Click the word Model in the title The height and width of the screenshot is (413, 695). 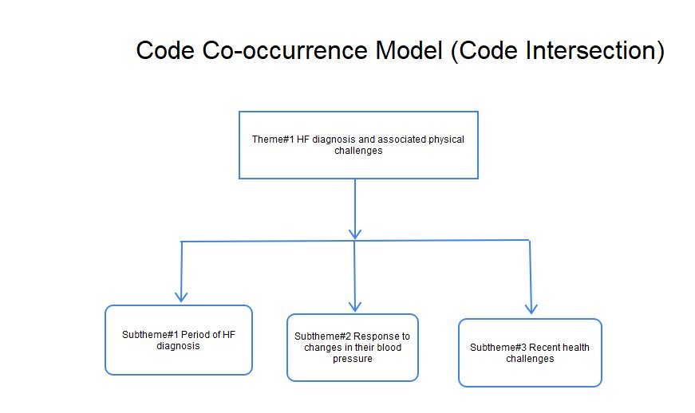409,50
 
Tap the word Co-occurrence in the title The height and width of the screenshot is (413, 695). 285,50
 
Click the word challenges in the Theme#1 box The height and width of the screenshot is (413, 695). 358,151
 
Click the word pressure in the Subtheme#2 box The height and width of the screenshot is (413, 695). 353,359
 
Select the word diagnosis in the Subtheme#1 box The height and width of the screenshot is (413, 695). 178,346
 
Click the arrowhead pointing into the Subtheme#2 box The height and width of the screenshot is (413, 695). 354,306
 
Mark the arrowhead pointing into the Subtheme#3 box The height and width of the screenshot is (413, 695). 531,309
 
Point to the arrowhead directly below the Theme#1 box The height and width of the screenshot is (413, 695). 355,234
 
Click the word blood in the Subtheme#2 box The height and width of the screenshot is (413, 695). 389,348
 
